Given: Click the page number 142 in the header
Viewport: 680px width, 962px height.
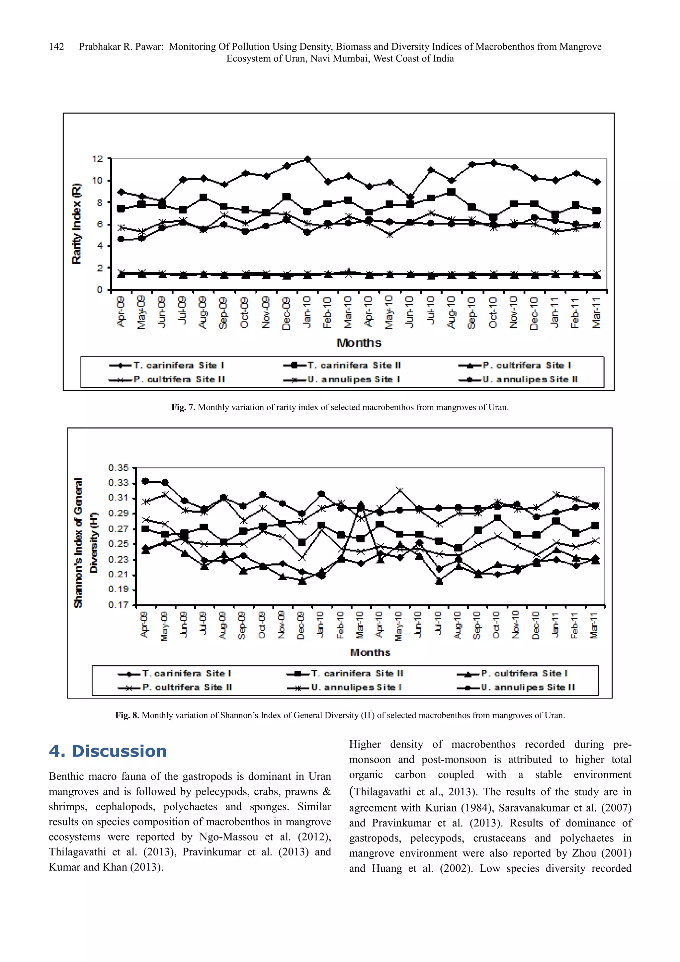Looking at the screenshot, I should (56, 46).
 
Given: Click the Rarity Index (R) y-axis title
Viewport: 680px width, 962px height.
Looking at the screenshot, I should (77, 223).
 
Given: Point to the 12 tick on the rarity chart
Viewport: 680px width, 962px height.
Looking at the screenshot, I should (98, 159).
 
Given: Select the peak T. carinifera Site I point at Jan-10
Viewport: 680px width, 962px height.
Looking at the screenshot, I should (307, 159).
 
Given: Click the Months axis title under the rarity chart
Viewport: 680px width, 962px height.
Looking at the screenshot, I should (359, 343).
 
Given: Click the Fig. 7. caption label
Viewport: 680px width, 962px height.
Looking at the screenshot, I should (183, 407).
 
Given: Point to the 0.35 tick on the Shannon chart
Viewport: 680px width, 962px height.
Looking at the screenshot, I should (119, 468).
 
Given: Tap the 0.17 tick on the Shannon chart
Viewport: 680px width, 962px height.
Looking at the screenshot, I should (119, 605).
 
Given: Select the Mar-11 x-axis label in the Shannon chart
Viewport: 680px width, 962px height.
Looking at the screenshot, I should (594, 625).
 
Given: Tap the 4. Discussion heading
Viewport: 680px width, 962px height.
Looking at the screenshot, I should (108, 751).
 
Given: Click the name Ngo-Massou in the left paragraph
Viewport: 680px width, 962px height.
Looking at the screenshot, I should (228, 837).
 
